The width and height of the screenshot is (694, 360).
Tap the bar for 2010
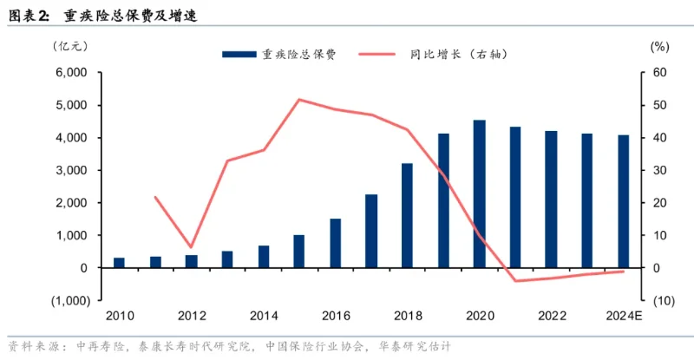pos(119,262)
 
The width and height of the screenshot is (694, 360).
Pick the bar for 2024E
pos(623,201)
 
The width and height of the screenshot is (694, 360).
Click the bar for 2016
pos(335,243)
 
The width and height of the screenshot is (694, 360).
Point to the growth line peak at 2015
pos(298,99)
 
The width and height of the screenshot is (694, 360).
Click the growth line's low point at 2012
pos(191,248)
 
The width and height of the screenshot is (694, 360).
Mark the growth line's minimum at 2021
pos(515,281)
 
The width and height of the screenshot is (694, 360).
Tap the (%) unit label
pos(660,45)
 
